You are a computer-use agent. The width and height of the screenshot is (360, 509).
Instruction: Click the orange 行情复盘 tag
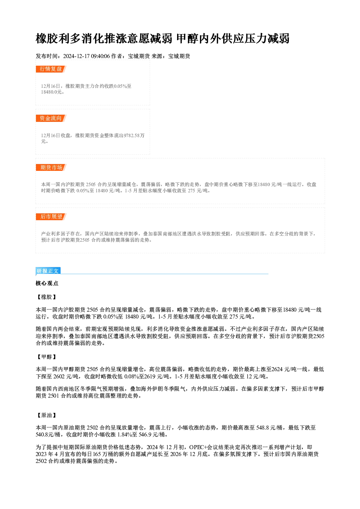point(51,69)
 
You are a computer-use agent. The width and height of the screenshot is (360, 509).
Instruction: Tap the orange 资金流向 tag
point(51,118)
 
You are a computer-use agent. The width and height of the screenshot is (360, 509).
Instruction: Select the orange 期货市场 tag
point(51,168)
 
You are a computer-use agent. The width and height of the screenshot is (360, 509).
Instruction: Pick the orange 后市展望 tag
point(51,217)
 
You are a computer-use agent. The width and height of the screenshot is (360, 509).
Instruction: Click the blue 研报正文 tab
point(48,271)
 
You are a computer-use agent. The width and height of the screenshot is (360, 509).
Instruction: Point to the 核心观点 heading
point(47,283)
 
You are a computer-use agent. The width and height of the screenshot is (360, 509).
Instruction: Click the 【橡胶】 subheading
point(46,297)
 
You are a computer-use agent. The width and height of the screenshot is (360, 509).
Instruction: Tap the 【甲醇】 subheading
point(46,357)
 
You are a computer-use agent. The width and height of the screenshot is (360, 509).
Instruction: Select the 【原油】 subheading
point(46,415)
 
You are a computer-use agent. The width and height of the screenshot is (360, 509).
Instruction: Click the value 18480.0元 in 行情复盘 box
point(52,92)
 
